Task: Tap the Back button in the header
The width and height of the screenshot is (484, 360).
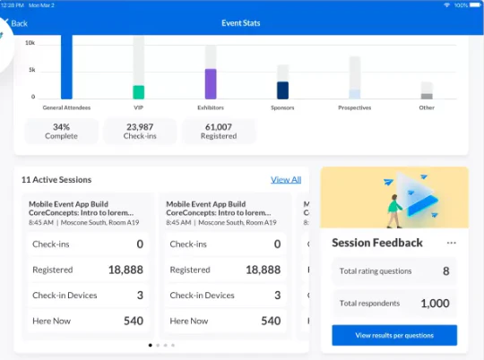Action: [15, 22]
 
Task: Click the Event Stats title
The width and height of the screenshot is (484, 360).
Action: [241, 22]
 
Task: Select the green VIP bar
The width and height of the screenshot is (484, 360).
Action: [138, 92]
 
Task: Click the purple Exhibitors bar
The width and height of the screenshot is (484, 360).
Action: [211, 83]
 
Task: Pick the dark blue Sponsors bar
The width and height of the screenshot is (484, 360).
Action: [282, 90]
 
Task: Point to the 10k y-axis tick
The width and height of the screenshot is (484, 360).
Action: [30, 43]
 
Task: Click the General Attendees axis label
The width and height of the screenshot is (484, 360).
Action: [65, 107]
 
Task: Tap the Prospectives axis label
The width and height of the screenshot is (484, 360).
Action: [355, 107]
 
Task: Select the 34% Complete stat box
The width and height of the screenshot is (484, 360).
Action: [61, 132]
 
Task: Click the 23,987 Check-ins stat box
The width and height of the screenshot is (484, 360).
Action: [140, 132]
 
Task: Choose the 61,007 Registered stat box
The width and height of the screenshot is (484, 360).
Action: [218, 132]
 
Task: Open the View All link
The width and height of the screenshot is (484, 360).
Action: [286, 180]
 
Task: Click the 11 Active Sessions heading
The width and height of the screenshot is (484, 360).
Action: [56, 180]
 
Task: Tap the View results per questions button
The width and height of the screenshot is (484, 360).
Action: [394, 335]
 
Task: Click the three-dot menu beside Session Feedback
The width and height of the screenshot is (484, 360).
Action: [451, 243]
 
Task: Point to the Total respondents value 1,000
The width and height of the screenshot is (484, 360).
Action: [435, 304]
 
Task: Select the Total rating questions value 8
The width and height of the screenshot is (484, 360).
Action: [445, 270]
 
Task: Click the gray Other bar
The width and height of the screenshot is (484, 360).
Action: [427, 96]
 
